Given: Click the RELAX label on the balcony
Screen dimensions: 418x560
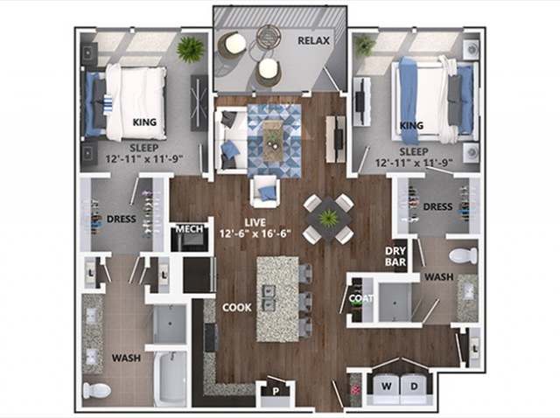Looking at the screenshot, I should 312,41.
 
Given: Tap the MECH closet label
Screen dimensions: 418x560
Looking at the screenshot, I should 190,230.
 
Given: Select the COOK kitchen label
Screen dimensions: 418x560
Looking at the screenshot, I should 236,308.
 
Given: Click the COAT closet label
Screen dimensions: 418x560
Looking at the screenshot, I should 360,297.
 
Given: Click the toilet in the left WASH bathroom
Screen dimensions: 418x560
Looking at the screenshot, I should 97,389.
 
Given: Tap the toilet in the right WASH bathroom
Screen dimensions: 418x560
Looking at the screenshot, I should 460,255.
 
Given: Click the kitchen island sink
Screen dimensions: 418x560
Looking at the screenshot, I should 269,297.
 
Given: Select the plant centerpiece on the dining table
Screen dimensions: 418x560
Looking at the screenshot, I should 329,218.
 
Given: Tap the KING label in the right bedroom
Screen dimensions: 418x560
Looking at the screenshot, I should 411,126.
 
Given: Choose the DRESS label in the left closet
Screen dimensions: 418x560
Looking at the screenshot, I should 122,219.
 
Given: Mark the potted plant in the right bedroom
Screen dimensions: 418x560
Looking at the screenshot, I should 365,44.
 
